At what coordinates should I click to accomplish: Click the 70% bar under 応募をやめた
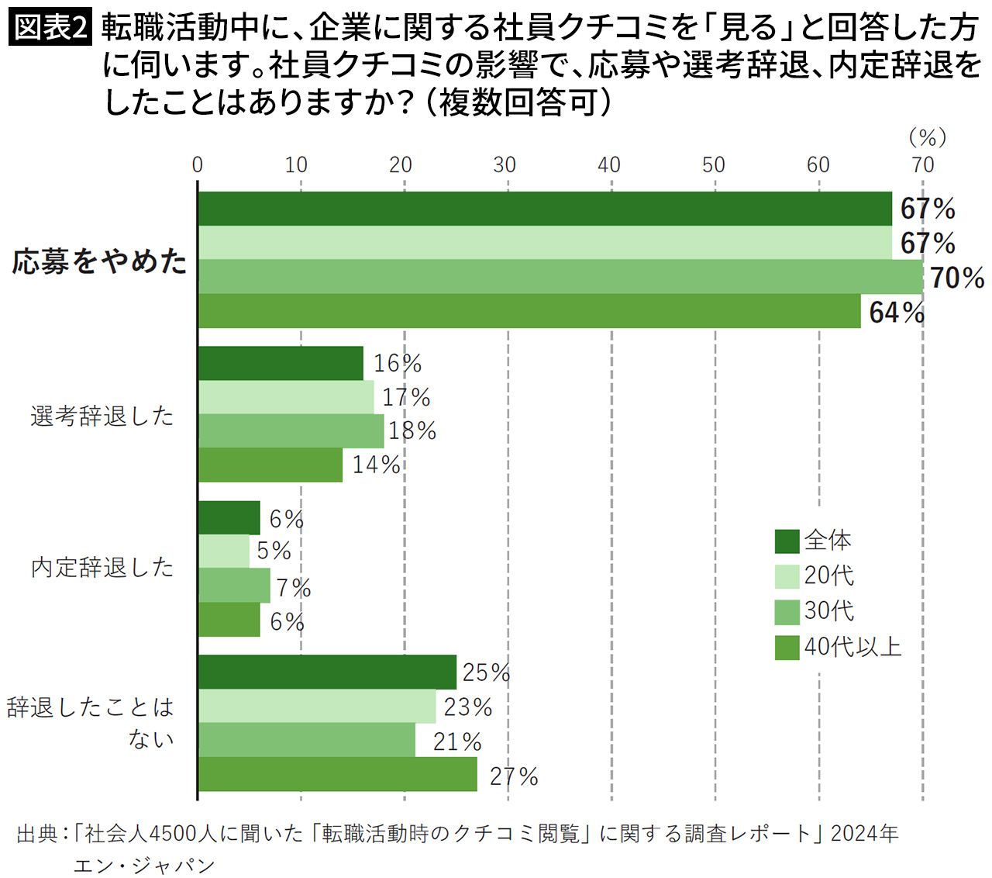point(560,277)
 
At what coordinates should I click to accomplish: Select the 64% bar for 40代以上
point(529,310)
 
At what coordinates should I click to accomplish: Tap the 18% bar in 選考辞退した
point(291,431)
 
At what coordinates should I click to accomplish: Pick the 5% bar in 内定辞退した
point(224,551)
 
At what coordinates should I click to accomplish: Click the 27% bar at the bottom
point(337,773)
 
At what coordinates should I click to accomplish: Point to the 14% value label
point(376,465)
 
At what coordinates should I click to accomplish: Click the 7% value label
point(294,587)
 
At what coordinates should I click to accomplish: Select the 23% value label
point(467,707)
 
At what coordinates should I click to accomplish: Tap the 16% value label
point(397,363)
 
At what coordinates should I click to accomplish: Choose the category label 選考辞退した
point(102,416)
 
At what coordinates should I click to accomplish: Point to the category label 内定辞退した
point(102,568)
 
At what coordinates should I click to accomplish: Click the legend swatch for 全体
point(787,541)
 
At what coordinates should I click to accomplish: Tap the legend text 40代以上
point(852,647)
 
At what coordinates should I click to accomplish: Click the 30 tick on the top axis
point(505,166)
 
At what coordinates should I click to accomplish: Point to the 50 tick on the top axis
point(714,166)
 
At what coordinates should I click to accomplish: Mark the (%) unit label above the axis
point(928,138)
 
